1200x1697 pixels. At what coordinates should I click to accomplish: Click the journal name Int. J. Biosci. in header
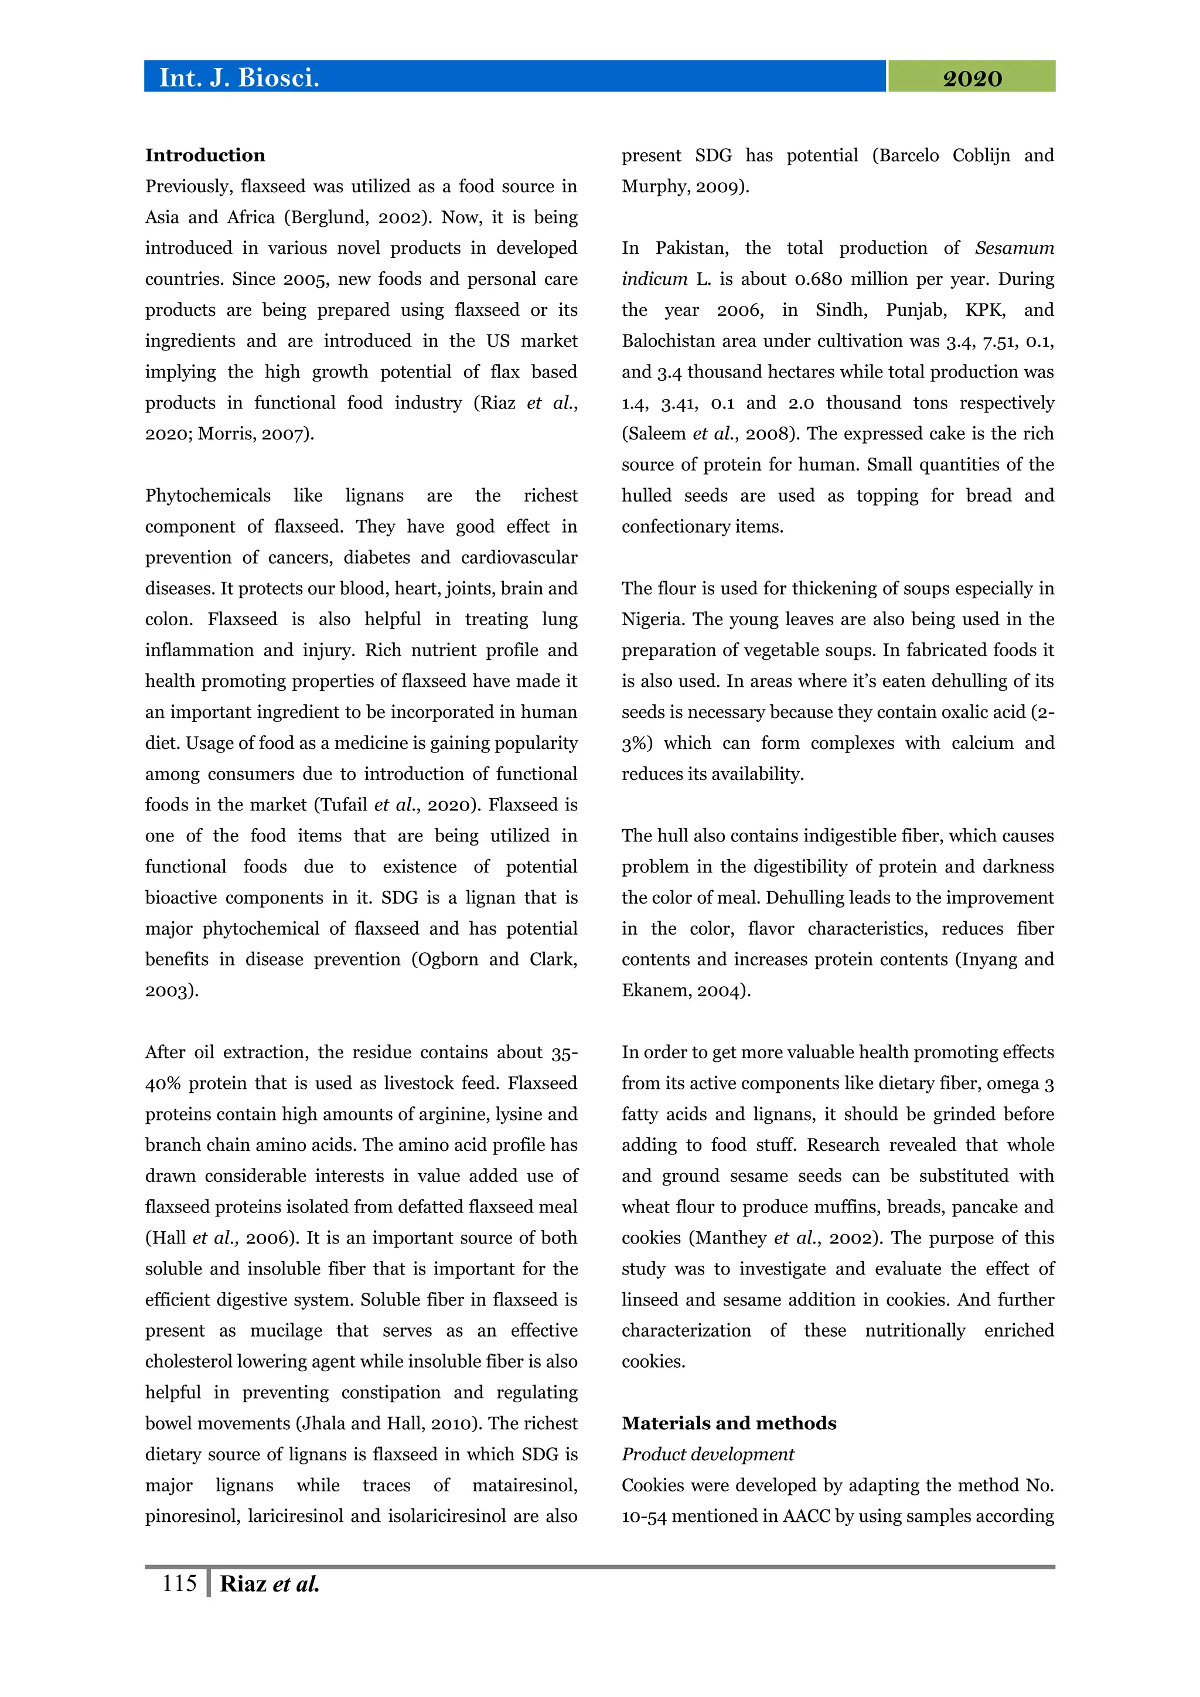coord(238,77)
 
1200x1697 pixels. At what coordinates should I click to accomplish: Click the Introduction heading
coord(204,155)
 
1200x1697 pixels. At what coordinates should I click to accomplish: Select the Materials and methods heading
coord(728,1423)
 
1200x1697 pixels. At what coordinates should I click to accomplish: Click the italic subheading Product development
coord(707,1454)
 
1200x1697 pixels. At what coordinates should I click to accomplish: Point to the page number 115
coord(179,1583)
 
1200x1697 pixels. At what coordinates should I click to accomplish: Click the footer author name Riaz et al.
coord(269,1584)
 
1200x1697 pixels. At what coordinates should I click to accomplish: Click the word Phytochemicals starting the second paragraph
coord(207,495)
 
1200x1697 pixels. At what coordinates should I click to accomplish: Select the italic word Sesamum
coord(1014,248)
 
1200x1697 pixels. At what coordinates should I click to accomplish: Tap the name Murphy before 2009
coord(653,186)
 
